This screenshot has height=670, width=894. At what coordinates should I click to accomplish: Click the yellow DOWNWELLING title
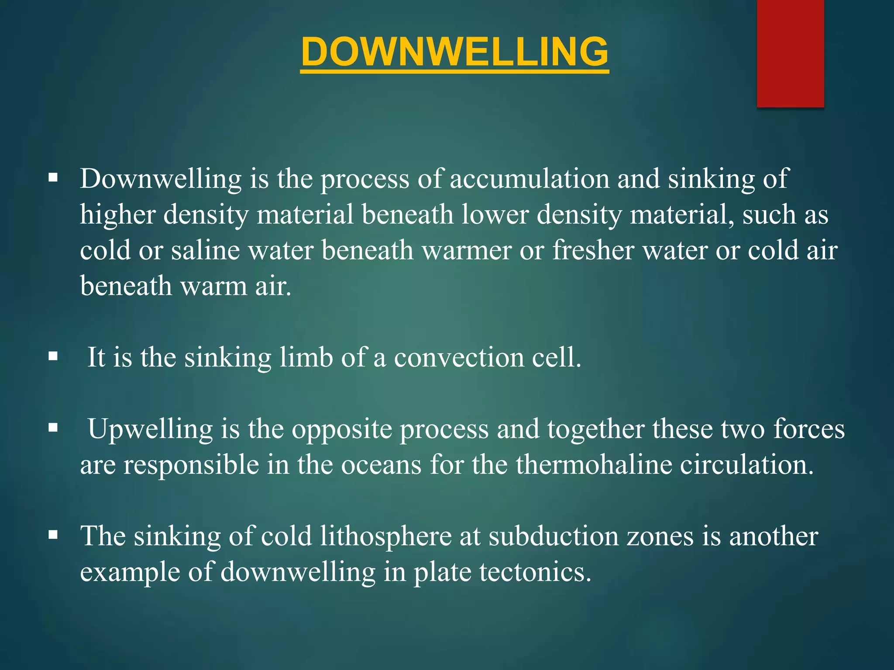(x=454, y=51)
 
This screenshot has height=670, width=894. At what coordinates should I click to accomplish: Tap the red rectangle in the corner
(x=790, y=53)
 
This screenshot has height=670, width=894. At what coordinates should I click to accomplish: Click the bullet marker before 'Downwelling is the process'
(x=53, y=178)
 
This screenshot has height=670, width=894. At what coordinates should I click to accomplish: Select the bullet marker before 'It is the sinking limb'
(x=53, y=356)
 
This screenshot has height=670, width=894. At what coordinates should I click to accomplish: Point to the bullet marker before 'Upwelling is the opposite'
(x=53, y=428)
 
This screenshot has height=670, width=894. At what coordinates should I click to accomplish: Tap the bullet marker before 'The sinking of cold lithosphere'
(x=53, y=535)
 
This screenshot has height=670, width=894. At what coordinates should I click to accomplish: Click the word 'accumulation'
(x=530, y=179)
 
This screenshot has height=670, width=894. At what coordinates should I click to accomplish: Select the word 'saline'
(x=205, y=250)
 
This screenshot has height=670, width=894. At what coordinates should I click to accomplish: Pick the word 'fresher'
(x=593, y=250)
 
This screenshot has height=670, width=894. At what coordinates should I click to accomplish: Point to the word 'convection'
(x=458, y=357)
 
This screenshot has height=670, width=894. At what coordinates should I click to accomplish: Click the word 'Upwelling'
(x=150, y=430)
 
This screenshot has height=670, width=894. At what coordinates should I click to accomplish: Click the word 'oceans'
(x=381, y=465)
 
